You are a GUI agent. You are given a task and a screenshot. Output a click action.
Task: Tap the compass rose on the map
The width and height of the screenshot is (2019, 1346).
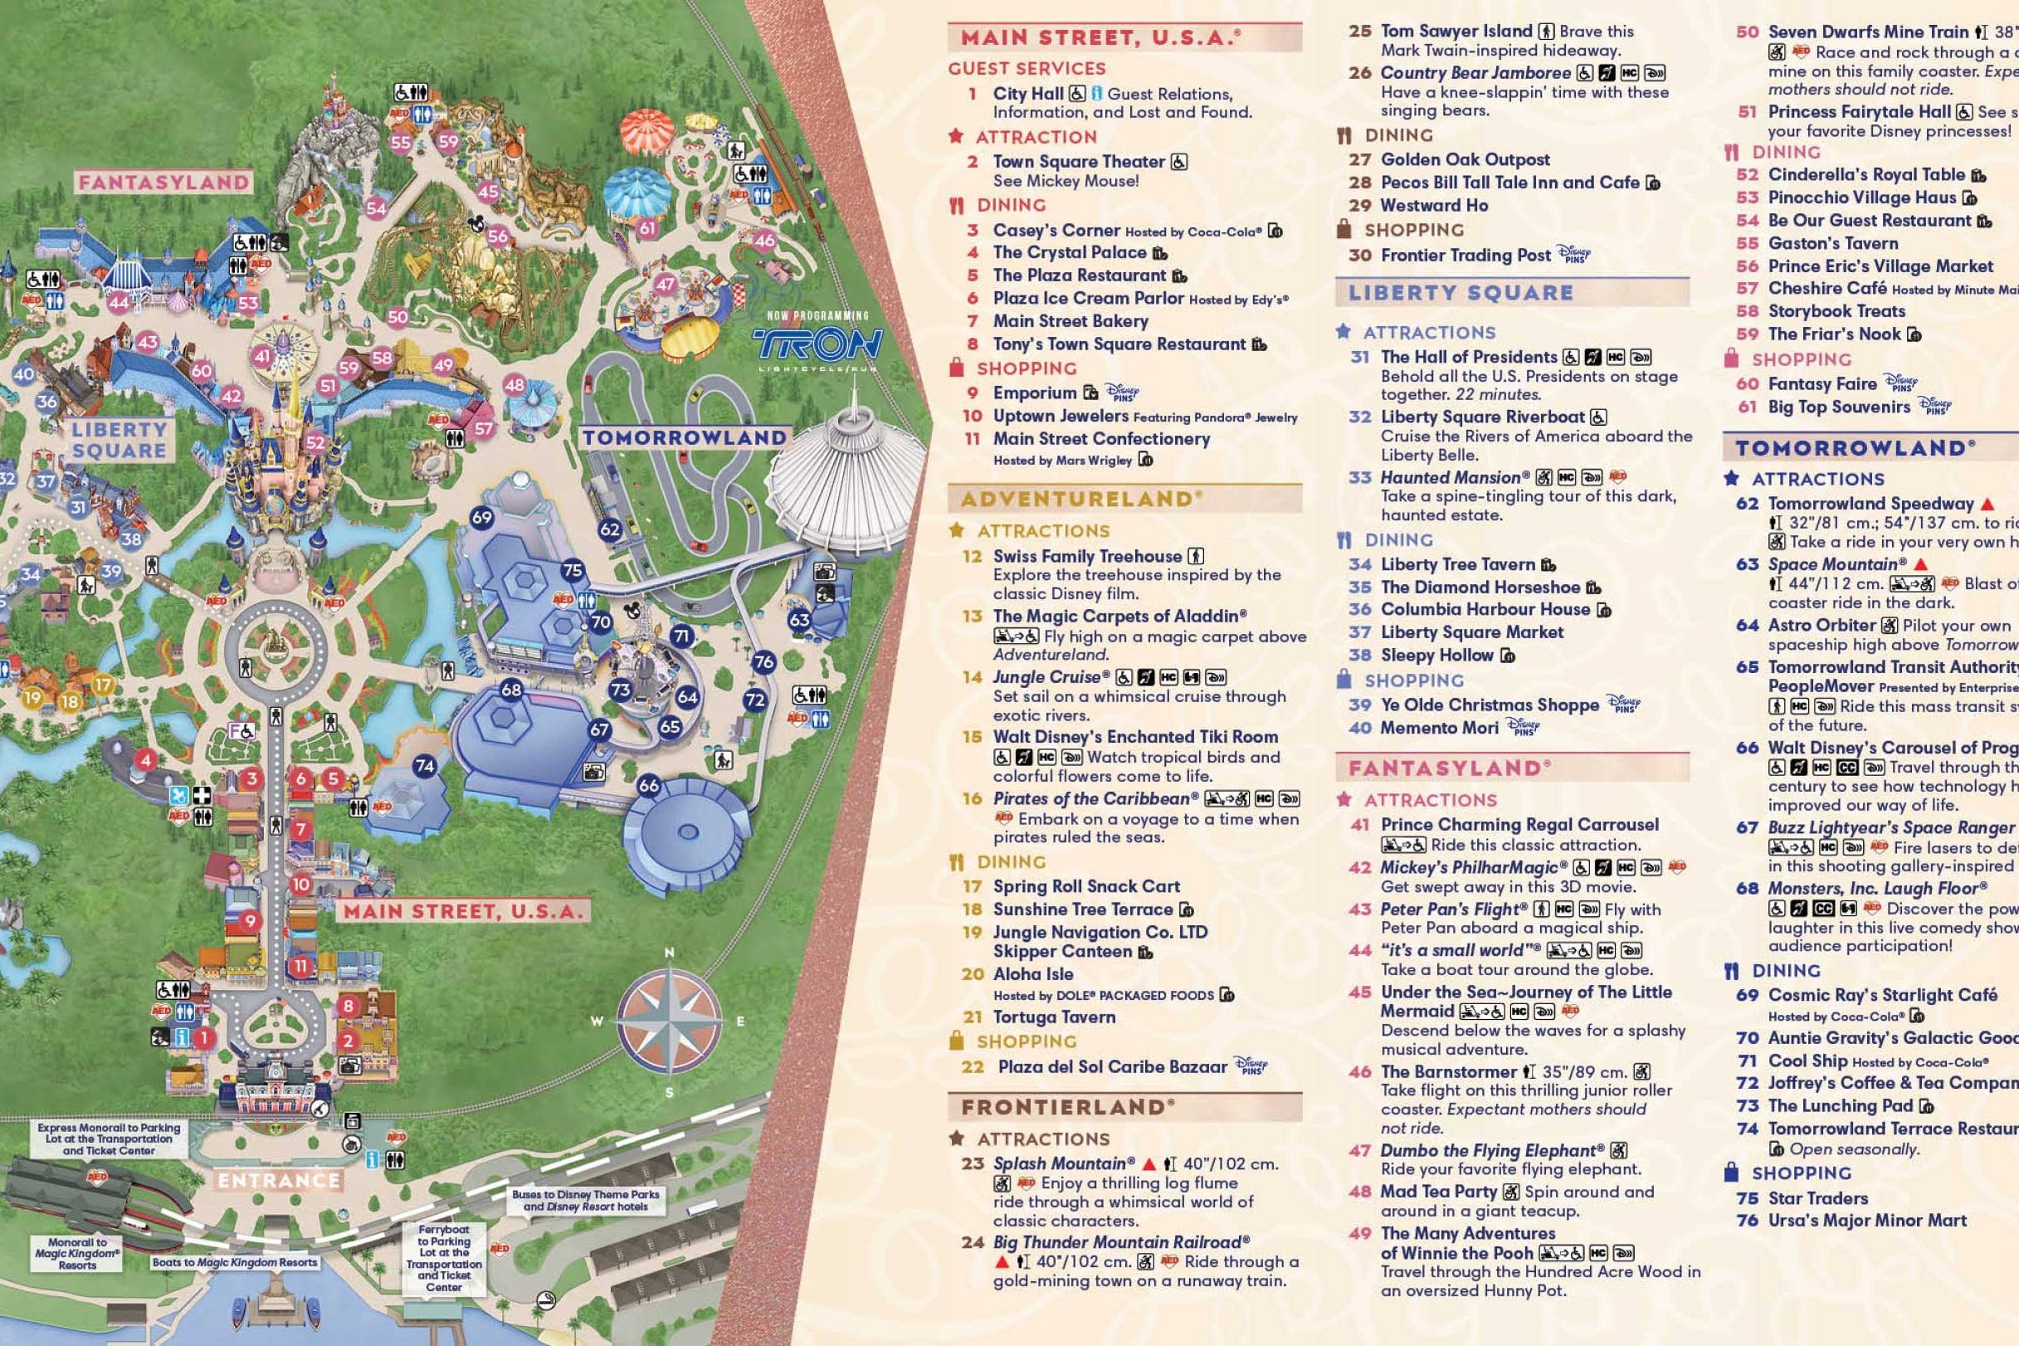pos(669,1022)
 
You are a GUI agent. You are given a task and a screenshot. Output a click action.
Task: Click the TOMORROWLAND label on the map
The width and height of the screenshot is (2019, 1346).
pos(684,438)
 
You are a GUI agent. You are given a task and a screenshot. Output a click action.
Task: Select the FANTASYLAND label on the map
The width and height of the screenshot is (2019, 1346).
pos(163,182)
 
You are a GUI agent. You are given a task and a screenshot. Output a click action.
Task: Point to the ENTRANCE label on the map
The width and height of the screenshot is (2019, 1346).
pos(278,1180)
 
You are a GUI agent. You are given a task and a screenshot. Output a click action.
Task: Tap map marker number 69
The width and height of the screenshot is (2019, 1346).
pos(481,517)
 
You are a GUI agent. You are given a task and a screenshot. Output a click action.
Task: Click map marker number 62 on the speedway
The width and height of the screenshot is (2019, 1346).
pos(609,529)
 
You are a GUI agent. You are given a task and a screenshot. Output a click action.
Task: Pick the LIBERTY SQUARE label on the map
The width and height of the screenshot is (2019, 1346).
pos(119,440)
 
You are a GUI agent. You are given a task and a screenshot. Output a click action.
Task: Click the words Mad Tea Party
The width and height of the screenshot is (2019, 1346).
pos(1439,1192)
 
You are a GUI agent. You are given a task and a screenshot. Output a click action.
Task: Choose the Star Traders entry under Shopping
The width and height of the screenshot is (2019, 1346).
pos(1817,1197)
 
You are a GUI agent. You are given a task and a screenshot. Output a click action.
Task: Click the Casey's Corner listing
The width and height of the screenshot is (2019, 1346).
pos(1056,230)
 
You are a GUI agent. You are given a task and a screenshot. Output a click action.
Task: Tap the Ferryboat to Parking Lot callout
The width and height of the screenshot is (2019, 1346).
pos(444,1258)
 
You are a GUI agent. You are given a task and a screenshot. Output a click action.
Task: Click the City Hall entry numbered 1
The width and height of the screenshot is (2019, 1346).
pos(1027,94)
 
